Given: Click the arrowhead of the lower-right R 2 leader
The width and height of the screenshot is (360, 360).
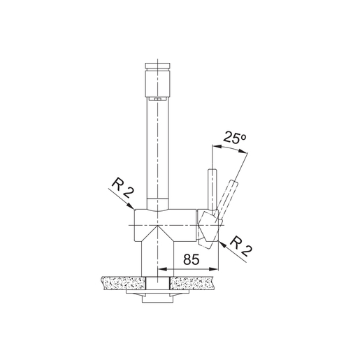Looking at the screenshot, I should (x=219, y=241).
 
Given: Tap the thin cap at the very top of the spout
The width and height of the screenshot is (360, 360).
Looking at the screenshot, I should (x=158, y=64).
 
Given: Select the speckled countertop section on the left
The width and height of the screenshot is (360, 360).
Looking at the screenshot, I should (x=123, y=282).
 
